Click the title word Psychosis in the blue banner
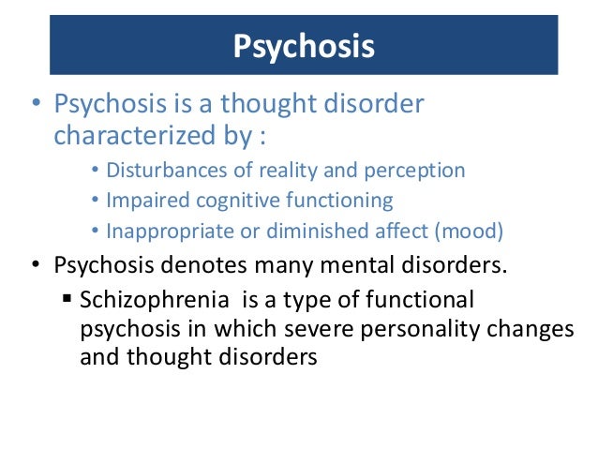point(303,44)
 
